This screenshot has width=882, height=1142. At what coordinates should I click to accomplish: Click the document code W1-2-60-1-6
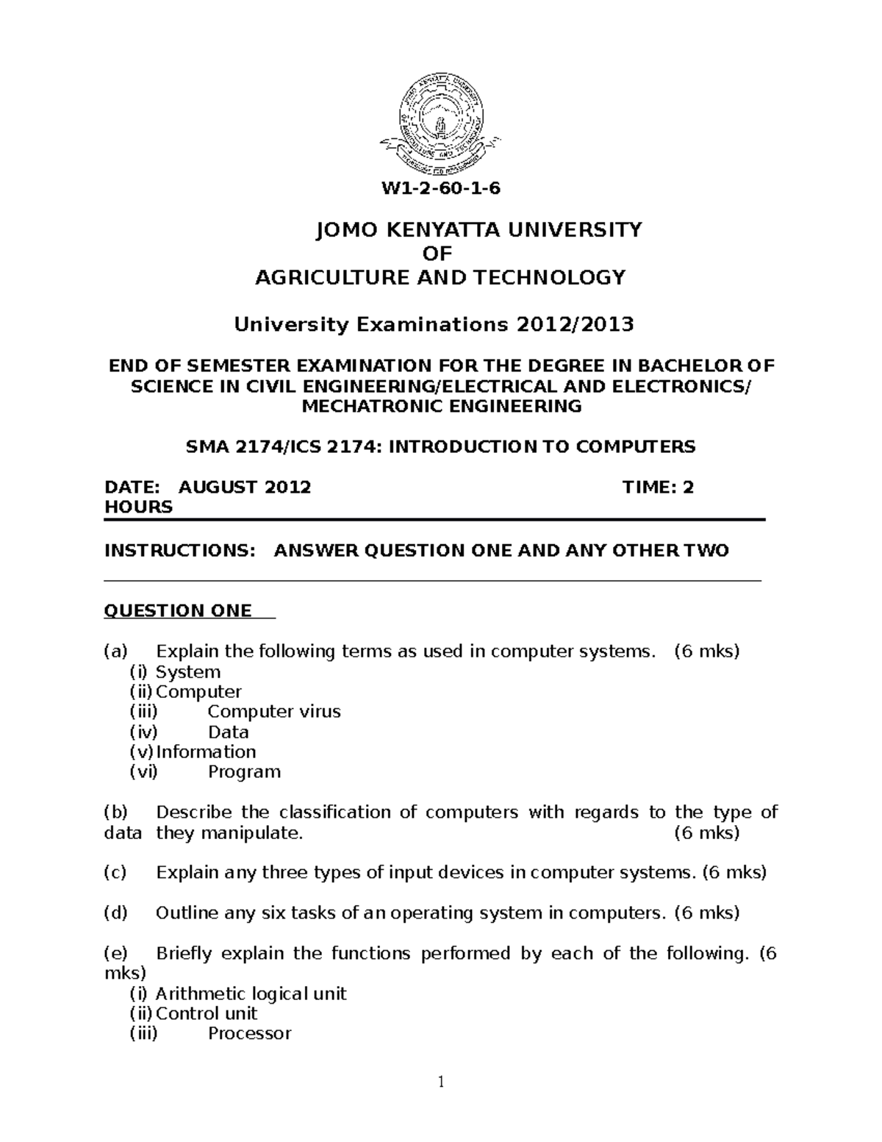tap(440, 188)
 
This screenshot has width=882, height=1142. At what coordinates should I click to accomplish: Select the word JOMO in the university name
tap(343, 230)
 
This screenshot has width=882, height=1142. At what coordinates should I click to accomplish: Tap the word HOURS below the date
tap(139, 507)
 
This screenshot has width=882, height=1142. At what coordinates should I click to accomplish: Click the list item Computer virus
tap(274, 712)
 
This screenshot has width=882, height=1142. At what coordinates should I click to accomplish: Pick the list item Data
tap(229, 732)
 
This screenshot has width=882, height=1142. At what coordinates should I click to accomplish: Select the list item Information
tap(206, 752)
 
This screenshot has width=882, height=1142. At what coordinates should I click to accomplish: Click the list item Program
tap(244, 771)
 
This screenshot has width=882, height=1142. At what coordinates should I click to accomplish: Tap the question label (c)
tap(115, 873)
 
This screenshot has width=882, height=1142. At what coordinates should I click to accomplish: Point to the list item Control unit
tap(207, 1013)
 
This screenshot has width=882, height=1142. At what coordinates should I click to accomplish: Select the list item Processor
tap(249, 1033)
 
